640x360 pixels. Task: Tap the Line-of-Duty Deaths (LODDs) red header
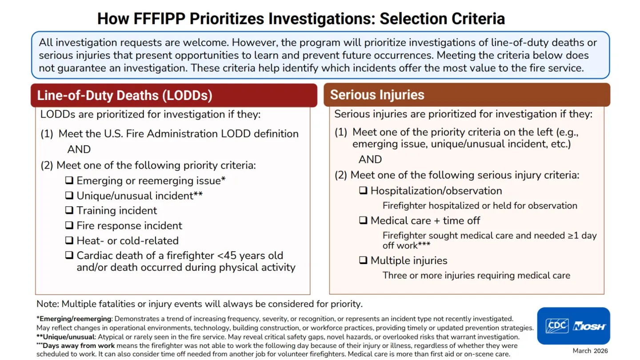174,95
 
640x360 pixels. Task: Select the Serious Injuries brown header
467,95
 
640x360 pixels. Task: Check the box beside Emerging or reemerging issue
69,180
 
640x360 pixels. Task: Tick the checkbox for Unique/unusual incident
69,196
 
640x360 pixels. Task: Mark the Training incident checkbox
69,210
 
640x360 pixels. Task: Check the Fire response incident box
69,225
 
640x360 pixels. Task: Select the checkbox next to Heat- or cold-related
69,240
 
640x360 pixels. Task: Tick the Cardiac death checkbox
69,255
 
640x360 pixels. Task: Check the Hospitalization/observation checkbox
363,190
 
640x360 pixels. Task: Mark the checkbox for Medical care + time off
363,220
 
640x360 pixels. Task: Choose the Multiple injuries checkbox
363,260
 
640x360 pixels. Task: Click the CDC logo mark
557,326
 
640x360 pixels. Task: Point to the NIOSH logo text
589,326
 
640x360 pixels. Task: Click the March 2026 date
590,351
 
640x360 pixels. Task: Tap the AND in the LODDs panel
79,149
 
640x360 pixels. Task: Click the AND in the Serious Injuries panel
370,160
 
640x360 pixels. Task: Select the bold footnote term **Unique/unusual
66,337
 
